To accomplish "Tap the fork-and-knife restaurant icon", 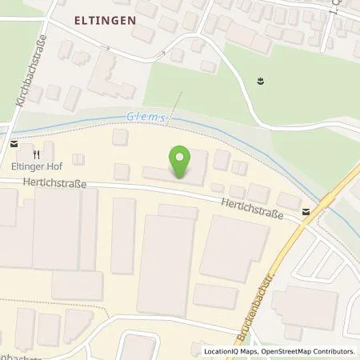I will click(37, 152).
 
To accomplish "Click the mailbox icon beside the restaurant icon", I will click(15, 144).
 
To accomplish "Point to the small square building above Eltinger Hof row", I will click(120, 137).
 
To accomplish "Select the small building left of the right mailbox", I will click(287, 200).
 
